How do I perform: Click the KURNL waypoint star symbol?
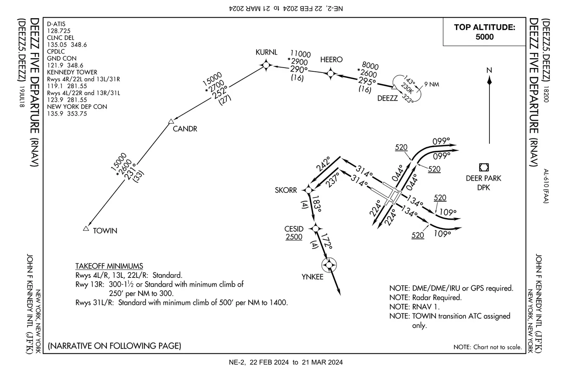[x=266, y=65]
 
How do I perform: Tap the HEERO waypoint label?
[x=331, y=60]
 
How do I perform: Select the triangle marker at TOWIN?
[x=86, y=228]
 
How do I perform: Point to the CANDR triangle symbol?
[x=171, y=121]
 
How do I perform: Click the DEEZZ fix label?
[x=388, y=98]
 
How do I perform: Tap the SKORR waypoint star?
[x=308, y=190]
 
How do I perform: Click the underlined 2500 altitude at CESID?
[x=294, y=237]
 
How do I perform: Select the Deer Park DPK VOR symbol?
[x=484, y=167]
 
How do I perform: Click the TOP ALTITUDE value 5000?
[x=484, y=37]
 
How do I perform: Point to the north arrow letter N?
[x=489, y=70]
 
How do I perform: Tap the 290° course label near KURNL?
[x=299, y=69]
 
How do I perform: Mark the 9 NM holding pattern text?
[x=432, y=85]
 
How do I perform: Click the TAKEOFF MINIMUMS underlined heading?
[x=109, y=266]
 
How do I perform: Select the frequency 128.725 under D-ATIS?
[x=59, y=31]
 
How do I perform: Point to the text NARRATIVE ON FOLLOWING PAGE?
[x=115, y=345]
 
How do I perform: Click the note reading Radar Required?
[x=426, y=297]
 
